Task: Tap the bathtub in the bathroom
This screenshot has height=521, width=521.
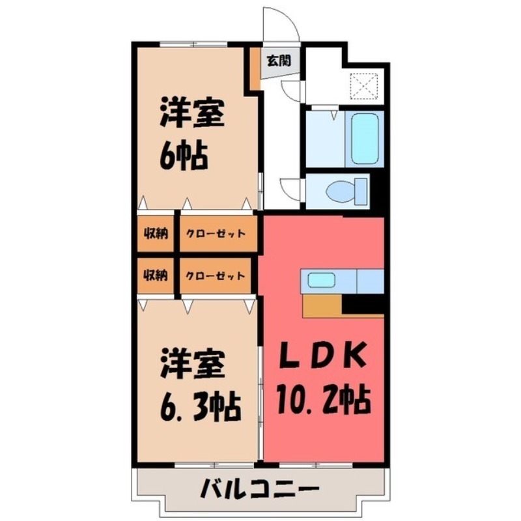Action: tap(367, 139)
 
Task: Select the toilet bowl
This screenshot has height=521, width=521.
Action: tap(342, 191)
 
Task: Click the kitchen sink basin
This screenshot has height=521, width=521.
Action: tap(321, 281)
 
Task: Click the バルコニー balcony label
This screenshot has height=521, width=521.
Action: tap(259, 488)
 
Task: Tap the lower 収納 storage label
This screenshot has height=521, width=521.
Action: tap(156, 275)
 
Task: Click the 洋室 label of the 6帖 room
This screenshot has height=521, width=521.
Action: tap(193, 115)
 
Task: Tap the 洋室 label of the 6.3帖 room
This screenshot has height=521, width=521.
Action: tap(193, 365)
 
